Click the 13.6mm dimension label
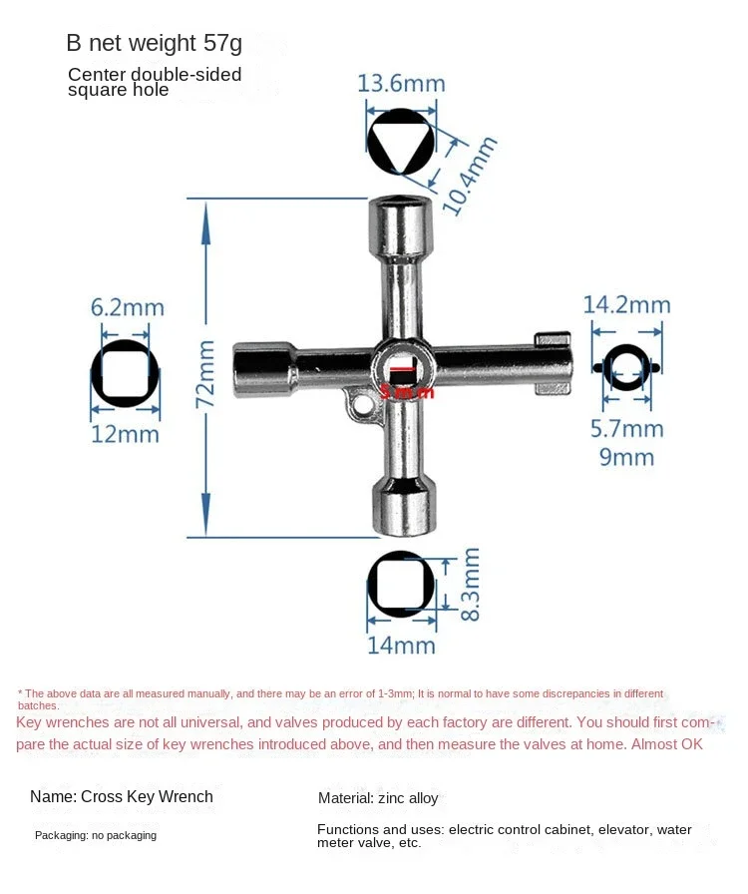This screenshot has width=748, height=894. [401, 82]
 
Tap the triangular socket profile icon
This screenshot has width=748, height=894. [401, 142]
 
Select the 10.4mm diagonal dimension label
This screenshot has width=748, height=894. [469, 176]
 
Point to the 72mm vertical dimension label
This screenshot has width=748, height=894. [205, 374]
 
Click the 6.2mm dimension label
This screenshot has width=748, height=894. [127, 307]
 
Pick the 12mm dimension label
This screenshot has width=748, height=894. [125, 434]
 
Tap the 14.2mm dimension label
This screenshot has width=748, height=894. [626, 304]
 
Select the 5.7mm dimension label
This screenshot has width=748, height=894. [625, 429]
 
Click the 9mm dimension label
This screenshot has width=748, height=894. [626, 458]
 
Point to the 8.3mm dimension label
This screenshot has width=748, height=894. [471, 584]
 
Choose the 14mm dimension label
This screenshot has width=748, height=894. [401, 646]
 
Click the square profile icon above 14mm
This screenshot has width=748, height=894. [401, 584]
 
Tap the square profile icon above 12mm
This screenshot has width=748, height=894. [125, 373]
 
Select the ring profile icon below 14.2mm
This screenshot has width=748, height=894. [626, 367]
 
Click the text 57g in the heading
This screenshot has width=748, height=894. [222, 44]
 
